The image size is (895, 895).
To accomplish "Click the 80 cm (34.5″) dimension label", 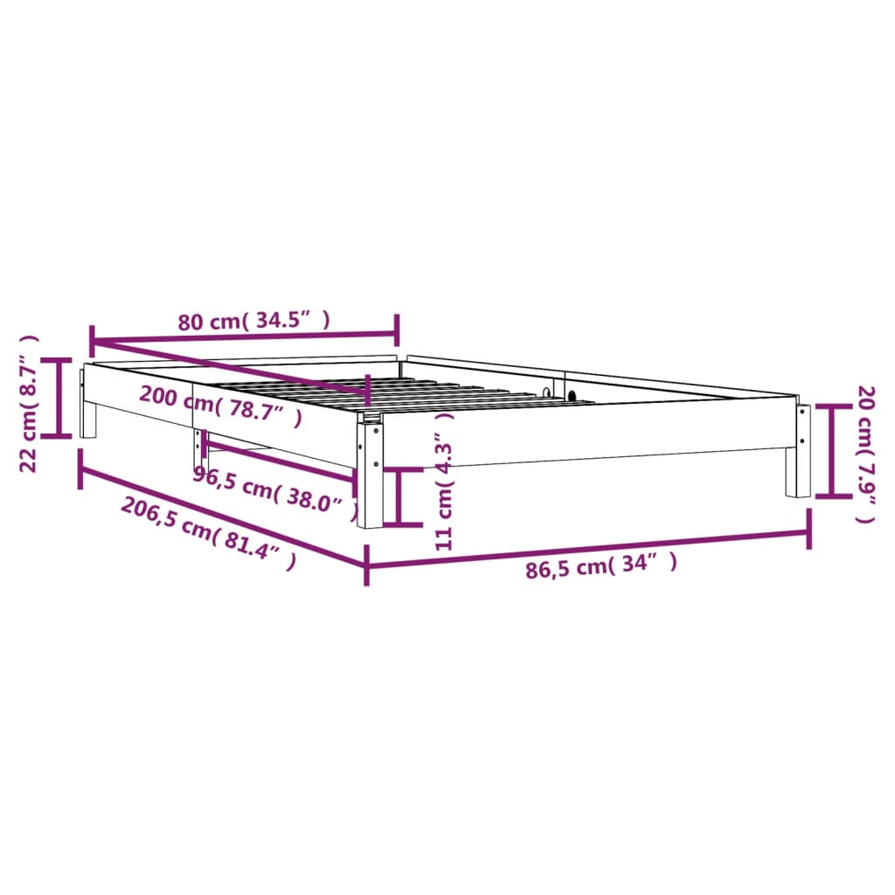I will (x=254, y=321).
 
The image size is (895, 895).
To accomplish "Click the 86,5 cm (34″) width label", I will (x=601, y=567).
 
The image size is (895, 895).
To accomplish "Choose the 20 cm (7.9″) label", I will (x=865, y=454).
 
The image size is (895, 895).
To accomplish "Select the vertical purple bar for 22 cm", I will (x=60, y=398).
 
